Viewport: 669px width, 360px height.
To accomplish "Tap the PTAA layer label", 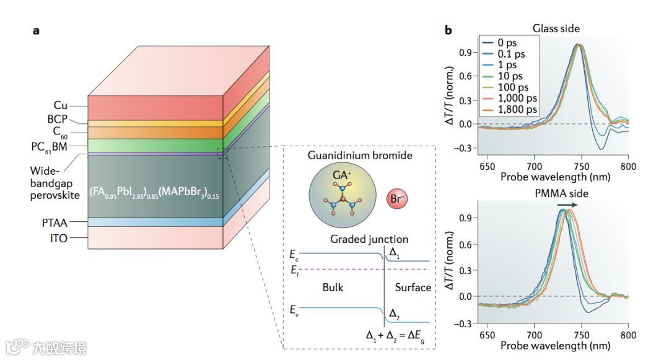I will click(55, 221).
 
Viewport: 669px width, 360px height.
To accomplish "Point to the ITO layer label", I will click(59, 238).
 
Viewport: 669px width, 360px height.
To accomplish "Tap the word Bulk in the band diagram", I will click(333, 288).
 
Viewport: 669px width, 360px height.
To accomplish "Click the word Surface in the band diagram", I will click(413, 288).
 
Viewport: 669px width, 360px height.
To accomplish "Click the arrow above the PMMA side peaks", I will click(567, 204).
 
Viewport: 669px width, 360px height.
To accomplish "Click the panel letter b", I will click(448, 29).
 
